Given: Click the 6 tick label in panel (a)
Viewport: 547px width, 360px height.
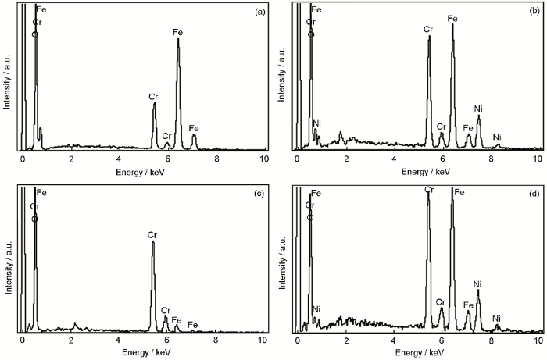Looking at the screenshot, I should (168, 159).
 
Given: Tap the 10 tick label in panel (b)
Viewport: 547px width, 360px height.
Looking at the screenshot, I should (538, 159).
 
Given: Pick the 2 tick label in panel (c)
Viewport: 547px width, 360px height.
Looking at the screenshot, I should (71, 341).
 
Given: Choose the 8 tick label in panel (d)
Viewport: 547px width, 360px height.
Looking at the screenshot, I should (492, 341).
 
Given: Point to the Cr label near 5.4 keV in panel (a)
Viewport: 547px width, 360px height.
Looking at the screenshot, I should (153, 96).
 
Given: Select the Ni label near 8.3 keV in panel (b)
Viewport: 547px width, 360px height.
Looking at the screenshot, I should (497, 137).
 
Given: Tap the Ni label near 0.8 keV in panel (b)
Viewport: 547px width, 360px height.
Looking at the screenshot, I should (317, 123).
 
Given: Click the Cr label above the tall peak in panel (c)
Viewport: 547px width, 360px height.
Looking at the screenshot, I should (152, 234).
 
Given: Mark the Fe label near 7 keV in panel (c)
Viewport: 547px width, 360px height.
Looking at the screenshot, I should (193, 324).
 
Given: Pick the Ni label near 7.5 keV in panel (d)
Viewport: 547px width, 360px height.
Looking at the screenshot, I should (478, 284).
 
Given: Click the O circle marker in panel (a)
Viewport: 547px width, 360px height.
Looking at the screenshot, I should (35, 34).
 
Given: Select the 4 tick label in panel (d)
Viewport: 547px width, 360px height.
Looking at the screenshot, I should (395, 341).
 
